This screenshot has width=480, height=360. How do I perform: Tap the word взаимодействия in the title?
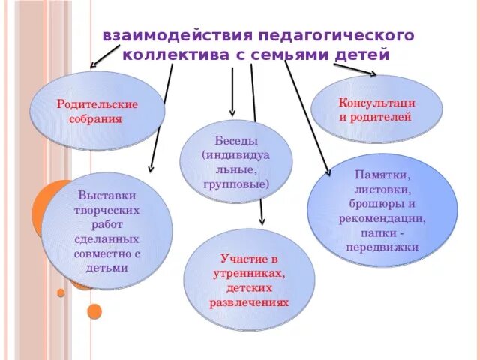pyautogui.click(x=176, y=35)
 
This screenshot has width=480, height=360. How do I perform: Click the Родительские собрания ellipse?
pyautogui.click(x=97, y=110)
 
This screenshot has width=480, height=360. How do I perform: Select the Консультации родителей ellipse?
pyautogui.click(x=376, y=109)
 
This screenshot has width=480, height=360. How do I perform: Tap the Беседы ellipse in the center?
pyautogui.click(x=236, y=161)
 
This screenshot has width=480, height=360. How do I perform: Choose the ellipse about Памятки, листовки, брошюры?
pyautogui.click(x=382, y=210)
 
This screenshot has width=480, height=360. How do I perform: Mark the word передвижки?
pyautogui.click(x=382, y=247)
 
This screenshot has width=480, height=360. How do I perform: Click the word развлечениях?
pyautogui.click(x=249, y=301)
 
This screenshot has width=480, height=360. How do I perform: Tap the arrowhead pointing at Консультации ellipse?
pyautogui.click(x=372, y=73)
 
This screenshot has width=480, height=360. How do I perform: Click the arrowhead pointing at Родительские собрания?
pyautogui.click(x=94, y=65)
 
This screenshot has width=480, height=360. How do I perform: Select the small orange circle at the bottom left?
pyautogui.click(x=94, y=310)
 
